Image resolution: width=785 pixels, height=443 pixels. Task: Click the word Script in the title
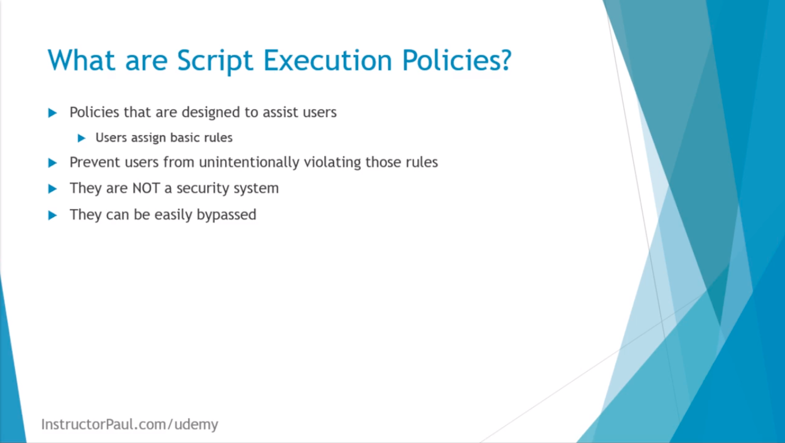tap(215, 61)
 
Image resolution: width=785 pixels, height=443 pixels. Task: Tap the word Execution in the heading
tap(327, 60)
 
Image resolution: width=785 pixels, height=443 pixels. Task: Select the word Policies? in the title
tap(457, 60)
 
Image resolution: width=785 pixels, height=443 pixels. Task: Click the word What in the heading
tap(81, 60)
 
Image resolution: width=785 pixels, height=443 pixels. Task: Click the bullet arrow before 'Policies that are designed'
tap(53, 113)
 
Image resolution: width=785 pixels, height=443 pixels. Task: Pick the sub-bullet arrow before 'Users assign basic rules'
tap(81, 138)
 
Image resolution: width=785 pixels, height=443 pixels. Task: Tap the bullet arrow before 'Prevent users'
tap(53, 163)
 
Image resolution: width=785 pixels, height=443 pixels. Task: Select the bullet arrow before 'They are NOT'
tap(53, 189)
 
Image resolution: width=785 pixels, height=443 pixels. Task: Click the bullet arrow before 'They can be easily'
tap(53, 215)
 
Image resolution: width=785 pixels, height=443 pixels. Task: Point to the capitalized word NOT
tap(146, 188)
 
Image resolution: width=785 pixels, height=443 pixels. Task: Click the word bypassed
tap(226, 215)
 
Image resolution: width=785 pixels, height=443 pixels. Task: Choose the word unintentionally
tap(249, 163)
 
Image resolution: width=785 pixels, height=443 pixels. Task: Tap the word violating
tap(332, 163)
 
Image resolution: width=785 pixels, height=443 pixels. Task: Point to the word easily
tap(173, 215)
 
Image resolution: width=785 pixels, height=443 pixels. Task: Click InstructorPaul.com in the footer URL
tap(104, 425)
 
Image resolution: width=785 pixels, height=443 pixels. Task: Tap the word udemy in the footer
tap(196, 425)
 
